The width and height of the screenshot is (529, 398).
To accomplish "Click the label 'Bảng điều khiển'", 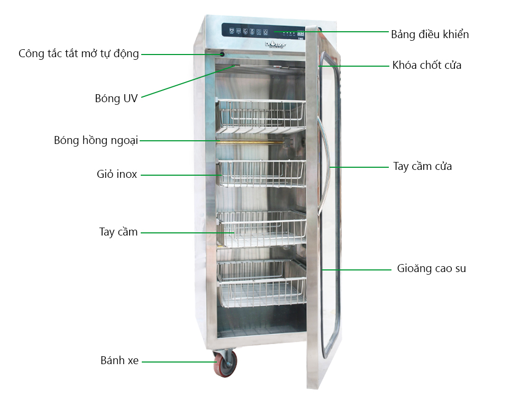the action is point(430,34).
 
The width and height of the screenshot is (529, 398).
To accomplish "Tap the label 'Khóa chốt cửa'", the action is point(427,65).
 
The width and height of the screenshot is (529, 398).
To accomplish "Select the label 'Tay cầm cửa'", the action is point(422,166).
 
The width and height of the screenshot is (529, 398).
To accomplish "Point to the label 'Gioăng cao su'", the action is point(432,268).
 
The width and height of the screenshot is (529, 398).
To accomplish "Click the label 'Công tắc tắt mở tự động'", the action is point(79,53).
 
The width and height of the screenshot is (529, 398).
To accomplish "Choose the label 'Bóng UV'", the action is point(116,98).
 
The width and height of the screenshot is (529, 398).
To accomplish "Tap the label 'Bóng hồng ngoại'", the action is point(96,140).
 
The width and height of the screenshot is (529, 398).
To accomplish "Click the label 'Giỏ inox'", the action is point(117,174).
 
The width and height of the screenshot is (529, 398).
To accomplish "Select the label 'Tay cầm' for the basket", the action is point(118,232).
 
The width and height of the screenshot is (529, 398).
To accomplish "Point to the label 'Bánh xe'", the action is point(120,360).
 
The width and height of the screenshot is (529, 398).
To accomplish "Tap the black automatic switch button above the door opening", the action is point(222,55).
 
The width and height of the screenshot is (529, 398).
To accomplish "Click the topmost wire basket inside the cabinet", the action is point(261,116).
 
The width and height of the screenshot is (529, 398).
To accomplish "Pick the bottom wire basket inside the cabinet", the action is point(262,283).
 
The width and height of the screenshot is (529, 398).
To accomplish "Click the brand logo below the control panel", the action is point(275,44).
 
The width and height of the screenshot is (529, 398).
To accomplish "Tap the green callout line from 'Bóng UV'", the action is point(188,82).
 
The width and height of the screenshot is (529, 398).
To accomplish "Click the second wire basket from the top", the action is point(261,173).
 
